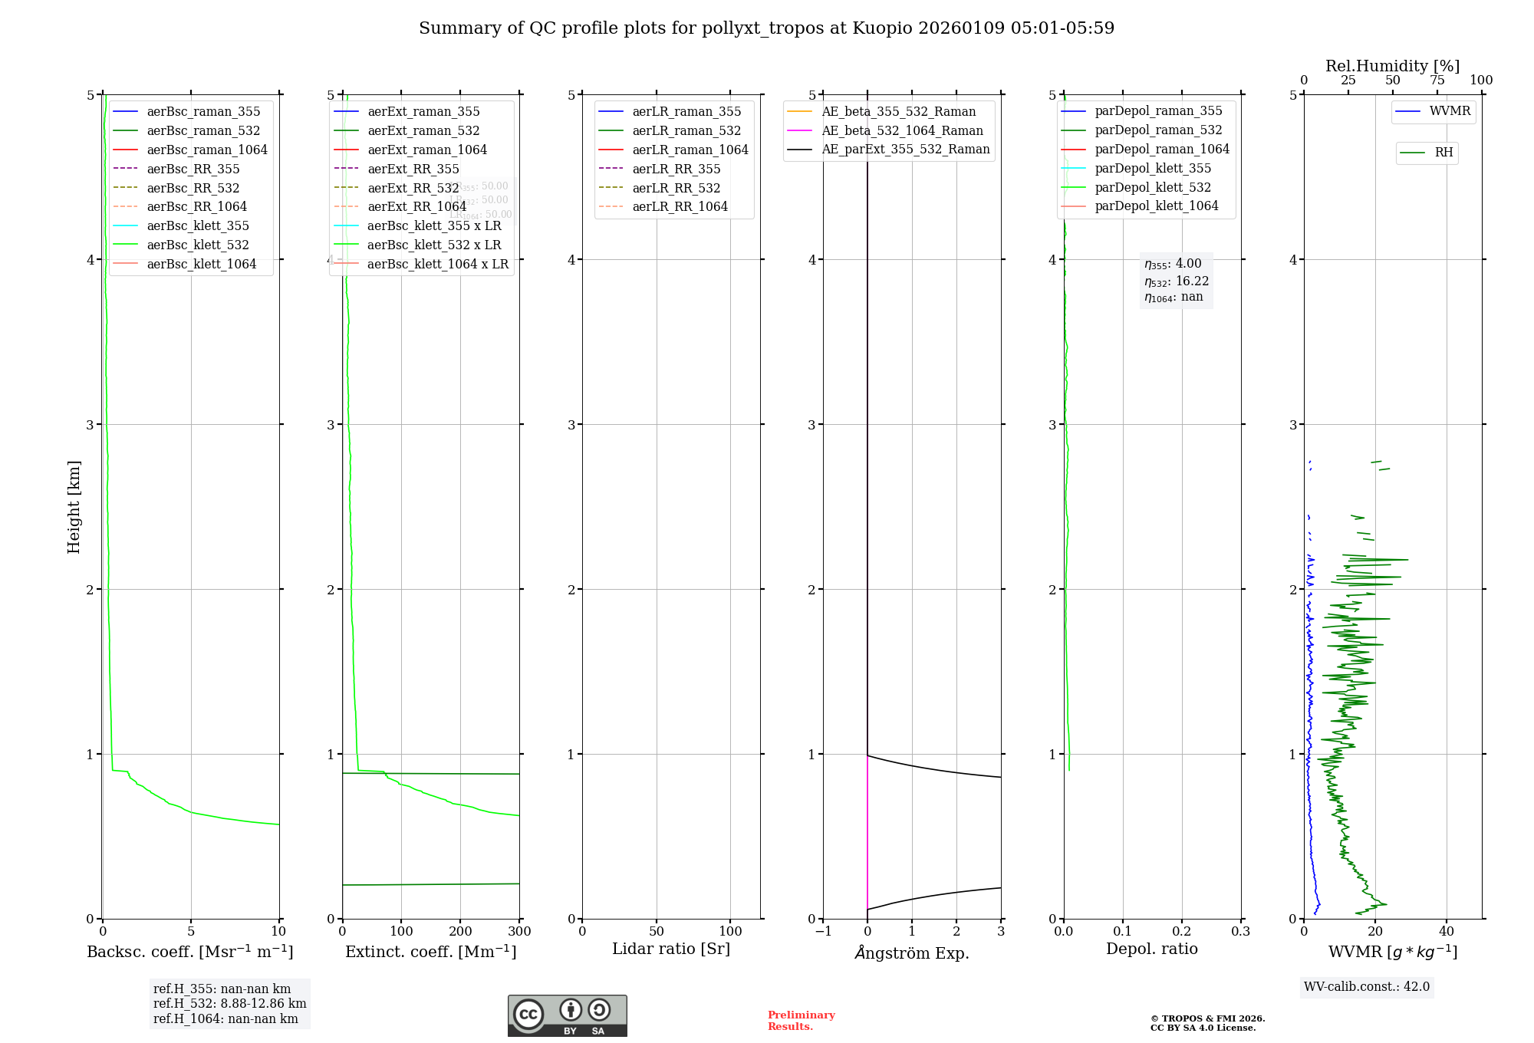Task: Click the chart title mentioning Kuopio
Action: [766, 28]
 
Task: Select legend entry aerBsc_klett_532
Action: [197, 245]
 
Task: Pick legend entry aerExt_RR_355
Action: [413, 169]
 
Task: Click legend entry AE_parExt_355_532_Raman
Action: [905, 150]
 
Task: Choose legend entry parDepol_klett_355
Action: [1153, 168]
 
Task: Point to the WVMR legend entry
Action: [1449, 111]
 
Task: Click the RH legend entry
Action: [1443, 153]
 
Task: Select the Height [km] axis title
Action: [74, 507]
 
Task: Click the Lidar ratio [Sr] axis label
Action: [671, 949]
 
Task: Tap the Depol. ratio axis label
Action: [1151, 949]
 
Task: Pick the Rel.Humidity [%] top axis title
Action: [1392, 66]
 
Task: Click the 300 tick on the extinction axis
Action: [519, 932]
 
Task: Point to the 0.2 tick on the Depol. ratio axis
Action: [1182, 932]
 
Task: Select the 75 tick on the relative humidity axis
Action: [1437, 81]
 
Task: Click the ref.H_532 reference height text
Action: [229, 1004]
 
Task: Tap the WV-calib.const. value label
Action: [1367, 987]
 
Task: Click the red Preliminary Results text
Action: [801, 1021]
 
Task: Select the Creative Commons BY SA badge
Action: [567, 1015]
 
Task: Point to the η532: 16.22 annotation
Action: [1176, 281]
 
